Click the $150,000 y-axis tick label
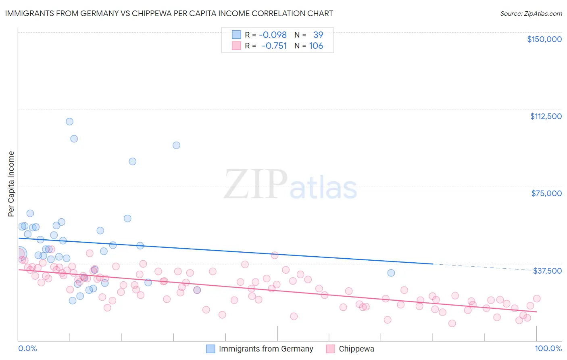(544, 39)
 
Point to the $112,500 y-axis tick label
(546, 116)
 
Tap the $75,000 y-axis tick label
(546, 193)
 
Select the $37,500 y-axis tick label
(547, 271)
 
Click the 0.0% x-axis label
(27, 348)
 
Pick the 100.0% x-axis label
(548, 348)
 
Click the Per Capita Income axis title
(11, 184)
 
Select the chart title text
(169, 13)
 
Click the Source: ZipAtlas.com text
(531, 13)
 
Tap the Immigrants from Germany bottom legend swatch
(211, 349)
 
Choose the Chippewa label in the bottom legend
(356, 349)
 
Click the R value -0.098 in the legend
(273, 35)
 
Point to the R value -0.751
(274, 46)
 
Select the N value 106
(316, 46)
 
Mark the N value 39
(318, 35)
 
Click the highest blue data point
(69, 121)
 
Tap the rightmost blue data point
(391, 273)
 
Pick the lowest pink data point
(452, 323)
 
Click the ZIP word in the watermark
(256, 184)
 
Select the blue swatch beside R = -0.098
(236, 35)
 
